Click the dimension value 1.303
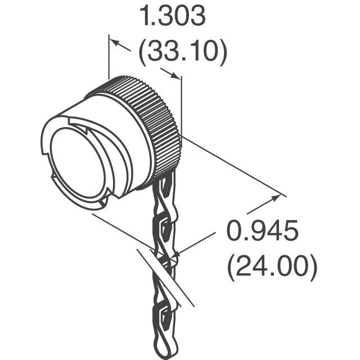coord(173,18)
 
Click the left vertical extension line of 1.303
coord(109,56)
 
